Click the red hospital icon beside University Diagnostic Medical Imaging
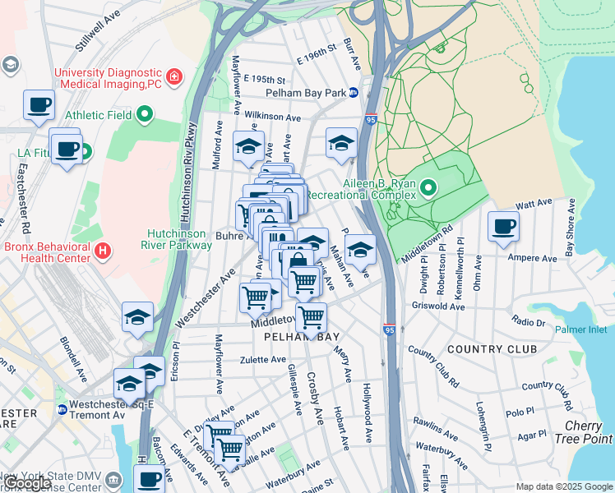click(x=174, y=78)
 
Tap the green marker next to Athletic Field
click(x=146, y=114)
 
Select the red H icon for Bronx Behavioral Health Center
click(x=102, y=250)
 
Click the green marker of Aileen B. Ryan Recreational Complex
click(x=428, y=191)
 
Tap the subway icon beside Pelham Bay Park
click(x=354, y=93)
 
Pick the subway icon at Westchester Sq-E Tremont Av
click(x=62, y=409)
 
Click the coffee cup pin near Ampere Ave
click(x=503, y=226)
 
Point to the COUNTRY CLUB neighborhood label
click(x=492, y=349)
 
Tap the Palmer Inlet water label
click(x=580, y=329)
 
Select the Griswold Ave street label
click(x=440, y=306)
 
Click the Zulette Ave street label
click(x=262, y=360)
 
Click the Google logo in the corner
click(x=29, y=483)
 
